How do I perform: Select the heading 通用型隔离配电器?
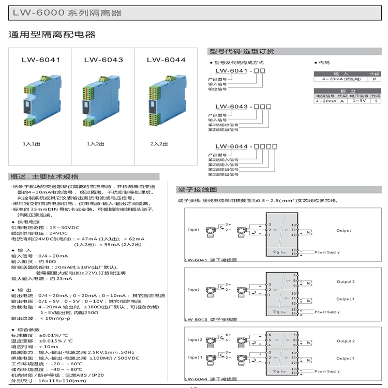[52, 35]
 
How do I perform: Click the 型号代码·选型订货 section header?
[242, 51]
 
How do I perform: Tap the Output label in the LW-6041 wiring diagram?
[344, 230]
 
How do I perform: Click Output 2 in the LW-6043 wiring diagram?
[346, 281]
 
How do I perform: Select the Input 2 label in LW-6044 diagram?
[195, 340]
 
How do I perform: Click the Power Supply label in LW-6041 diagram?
[327, 252]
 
